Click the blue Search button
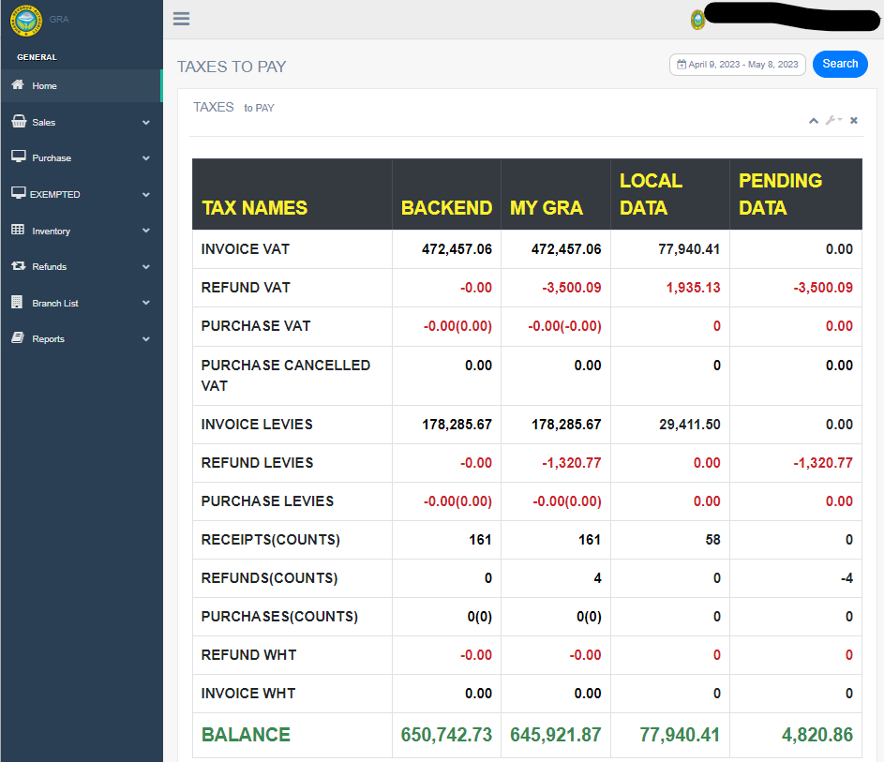pos(840,64)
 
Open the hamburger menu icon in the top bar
pos(182,19)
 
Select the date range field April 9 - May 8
pos(738,65)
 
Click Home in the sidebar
pos(44,86)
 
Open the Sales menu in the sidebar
pos(44,123)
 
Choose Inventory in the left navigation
pos(51,232)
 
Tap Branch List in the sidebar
pos(55,304)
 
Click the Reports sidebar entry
pos(48,339)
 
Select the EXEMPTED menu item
pos(55,195)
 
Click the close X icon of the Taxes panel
pos(854,120)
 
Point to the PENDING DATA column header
pos(780,194)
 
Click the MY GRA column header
pos(547,208)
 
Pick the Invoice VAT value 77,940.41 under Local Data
pos(688,249)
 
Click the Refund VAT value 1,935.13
pos(693,288)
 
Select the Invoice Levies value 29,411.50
pos(689,425)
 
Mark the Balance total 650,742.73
pos(446,736)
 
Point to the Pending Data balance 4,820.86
pos(817,736)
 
